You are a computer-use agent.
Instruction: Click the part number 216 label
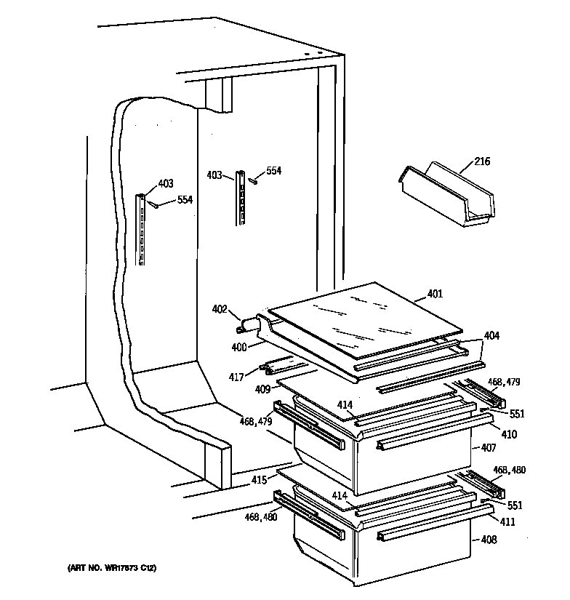pos(482,161)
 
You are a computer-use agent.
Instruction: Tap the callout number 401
pos(435,294)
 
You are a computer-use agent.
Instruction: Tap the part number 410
pos(510,435)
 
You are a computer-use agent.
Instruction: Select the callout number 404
pos(491,336)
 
